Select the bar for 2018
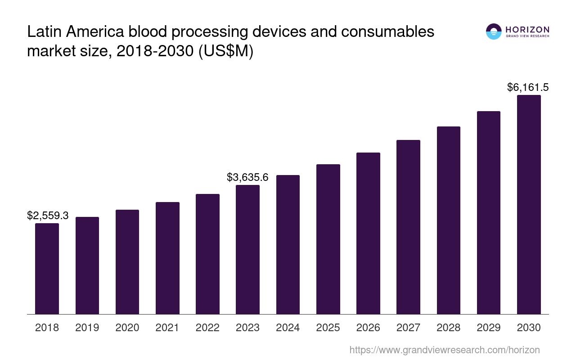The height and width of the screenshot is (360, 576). pyautogui.click(x=47, y=269)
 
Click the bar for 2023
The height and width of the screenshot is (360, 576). pyautogui.click(x=247, y=249)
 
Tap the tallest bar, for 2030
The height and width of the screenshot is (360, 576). pyautogui.click(x=529, y=204)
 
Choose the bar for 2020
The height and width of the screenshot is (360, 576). pyautogui.click(x=127, y=262)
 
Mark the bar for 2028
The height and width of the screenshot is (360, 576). pyautogui.click(x=448, y=220)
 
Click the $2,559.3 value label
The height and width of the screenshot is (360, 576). pyautogui.click(x=48, y=216)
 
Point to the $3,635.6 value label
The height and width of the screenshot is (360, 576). pyautogui.click(x=247, y=177)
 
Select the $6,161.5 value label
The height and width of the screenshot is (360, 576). pyautogui.click(x=528, y=87)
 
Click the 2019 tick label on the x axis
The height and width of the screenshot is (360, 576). pyautogui.click(x=87, y=328)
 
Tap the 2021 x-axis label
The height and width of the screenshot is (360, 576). pyautogui.click(x=167, y=328)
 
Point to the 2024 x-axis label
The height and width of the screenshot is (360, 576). pyautogui.click(x=288, y=328)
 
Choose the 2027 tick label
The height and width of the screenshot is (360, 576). pyautogui.click(x=408, y=328)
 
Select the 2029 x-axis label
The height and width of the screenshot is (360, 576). pyautogui.click(x=488, y=328)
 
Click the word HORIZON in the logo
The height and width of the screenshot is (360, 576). pyautogui.click(x=527, y=30)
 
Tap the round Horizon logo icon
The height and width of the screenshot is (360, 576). pyautogui.click(x=494, y=31)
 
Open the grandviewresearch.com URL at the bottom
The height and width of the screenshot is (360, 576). pyautogui.click(x=444, y=350)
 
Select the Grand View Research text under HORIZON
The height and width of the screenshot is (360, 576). pyautogui.click(x=527, y=36)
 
